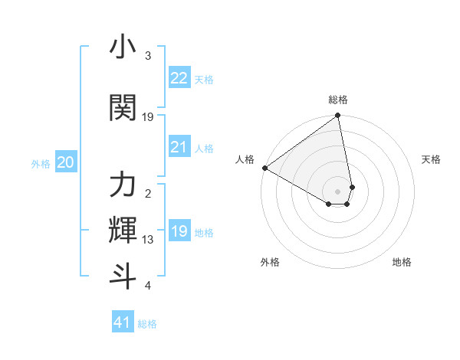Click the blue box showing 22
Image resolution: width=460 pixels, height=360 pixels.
[x=179, y=78]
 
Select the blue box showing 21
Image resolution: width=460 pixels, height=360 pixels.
[x=179, y=147]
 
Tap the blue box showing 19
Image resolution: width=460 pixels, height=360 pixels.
[x=179, y=231]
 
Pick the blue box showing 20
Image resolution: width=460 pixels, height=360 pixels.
[x=66, y=162]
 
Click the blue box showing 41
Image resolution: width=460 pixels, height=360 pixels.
[x=123, y=322]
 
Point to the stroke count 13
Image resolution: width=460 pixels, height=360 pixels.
[x=148, y=240]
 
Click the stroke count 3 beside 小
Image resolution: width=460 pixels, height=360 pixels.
[x=148, y=56]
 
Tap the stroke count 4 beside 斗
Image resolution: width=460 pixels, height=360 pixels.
[x=148, y=286]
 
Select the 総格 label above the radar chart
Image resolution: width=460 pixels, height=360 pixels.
[x=338, y=100]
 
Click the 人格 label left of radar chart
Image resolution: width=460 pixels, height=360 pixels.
[x=245, y=159]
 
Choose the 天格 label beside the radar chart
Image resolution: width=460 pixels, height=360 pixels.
[x=432, y=159]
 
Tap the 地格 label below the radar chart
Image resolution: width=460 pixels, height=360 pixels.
[x=402, y=262]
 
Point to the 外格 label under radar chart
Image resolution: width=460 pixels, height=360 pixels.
[x=270, y=262]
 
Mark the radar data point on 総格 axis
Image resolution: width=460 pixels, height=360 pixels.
[x=338, y=116]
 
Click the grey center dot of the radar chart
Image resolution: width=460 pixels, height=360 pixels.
[x=338, y=191]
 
